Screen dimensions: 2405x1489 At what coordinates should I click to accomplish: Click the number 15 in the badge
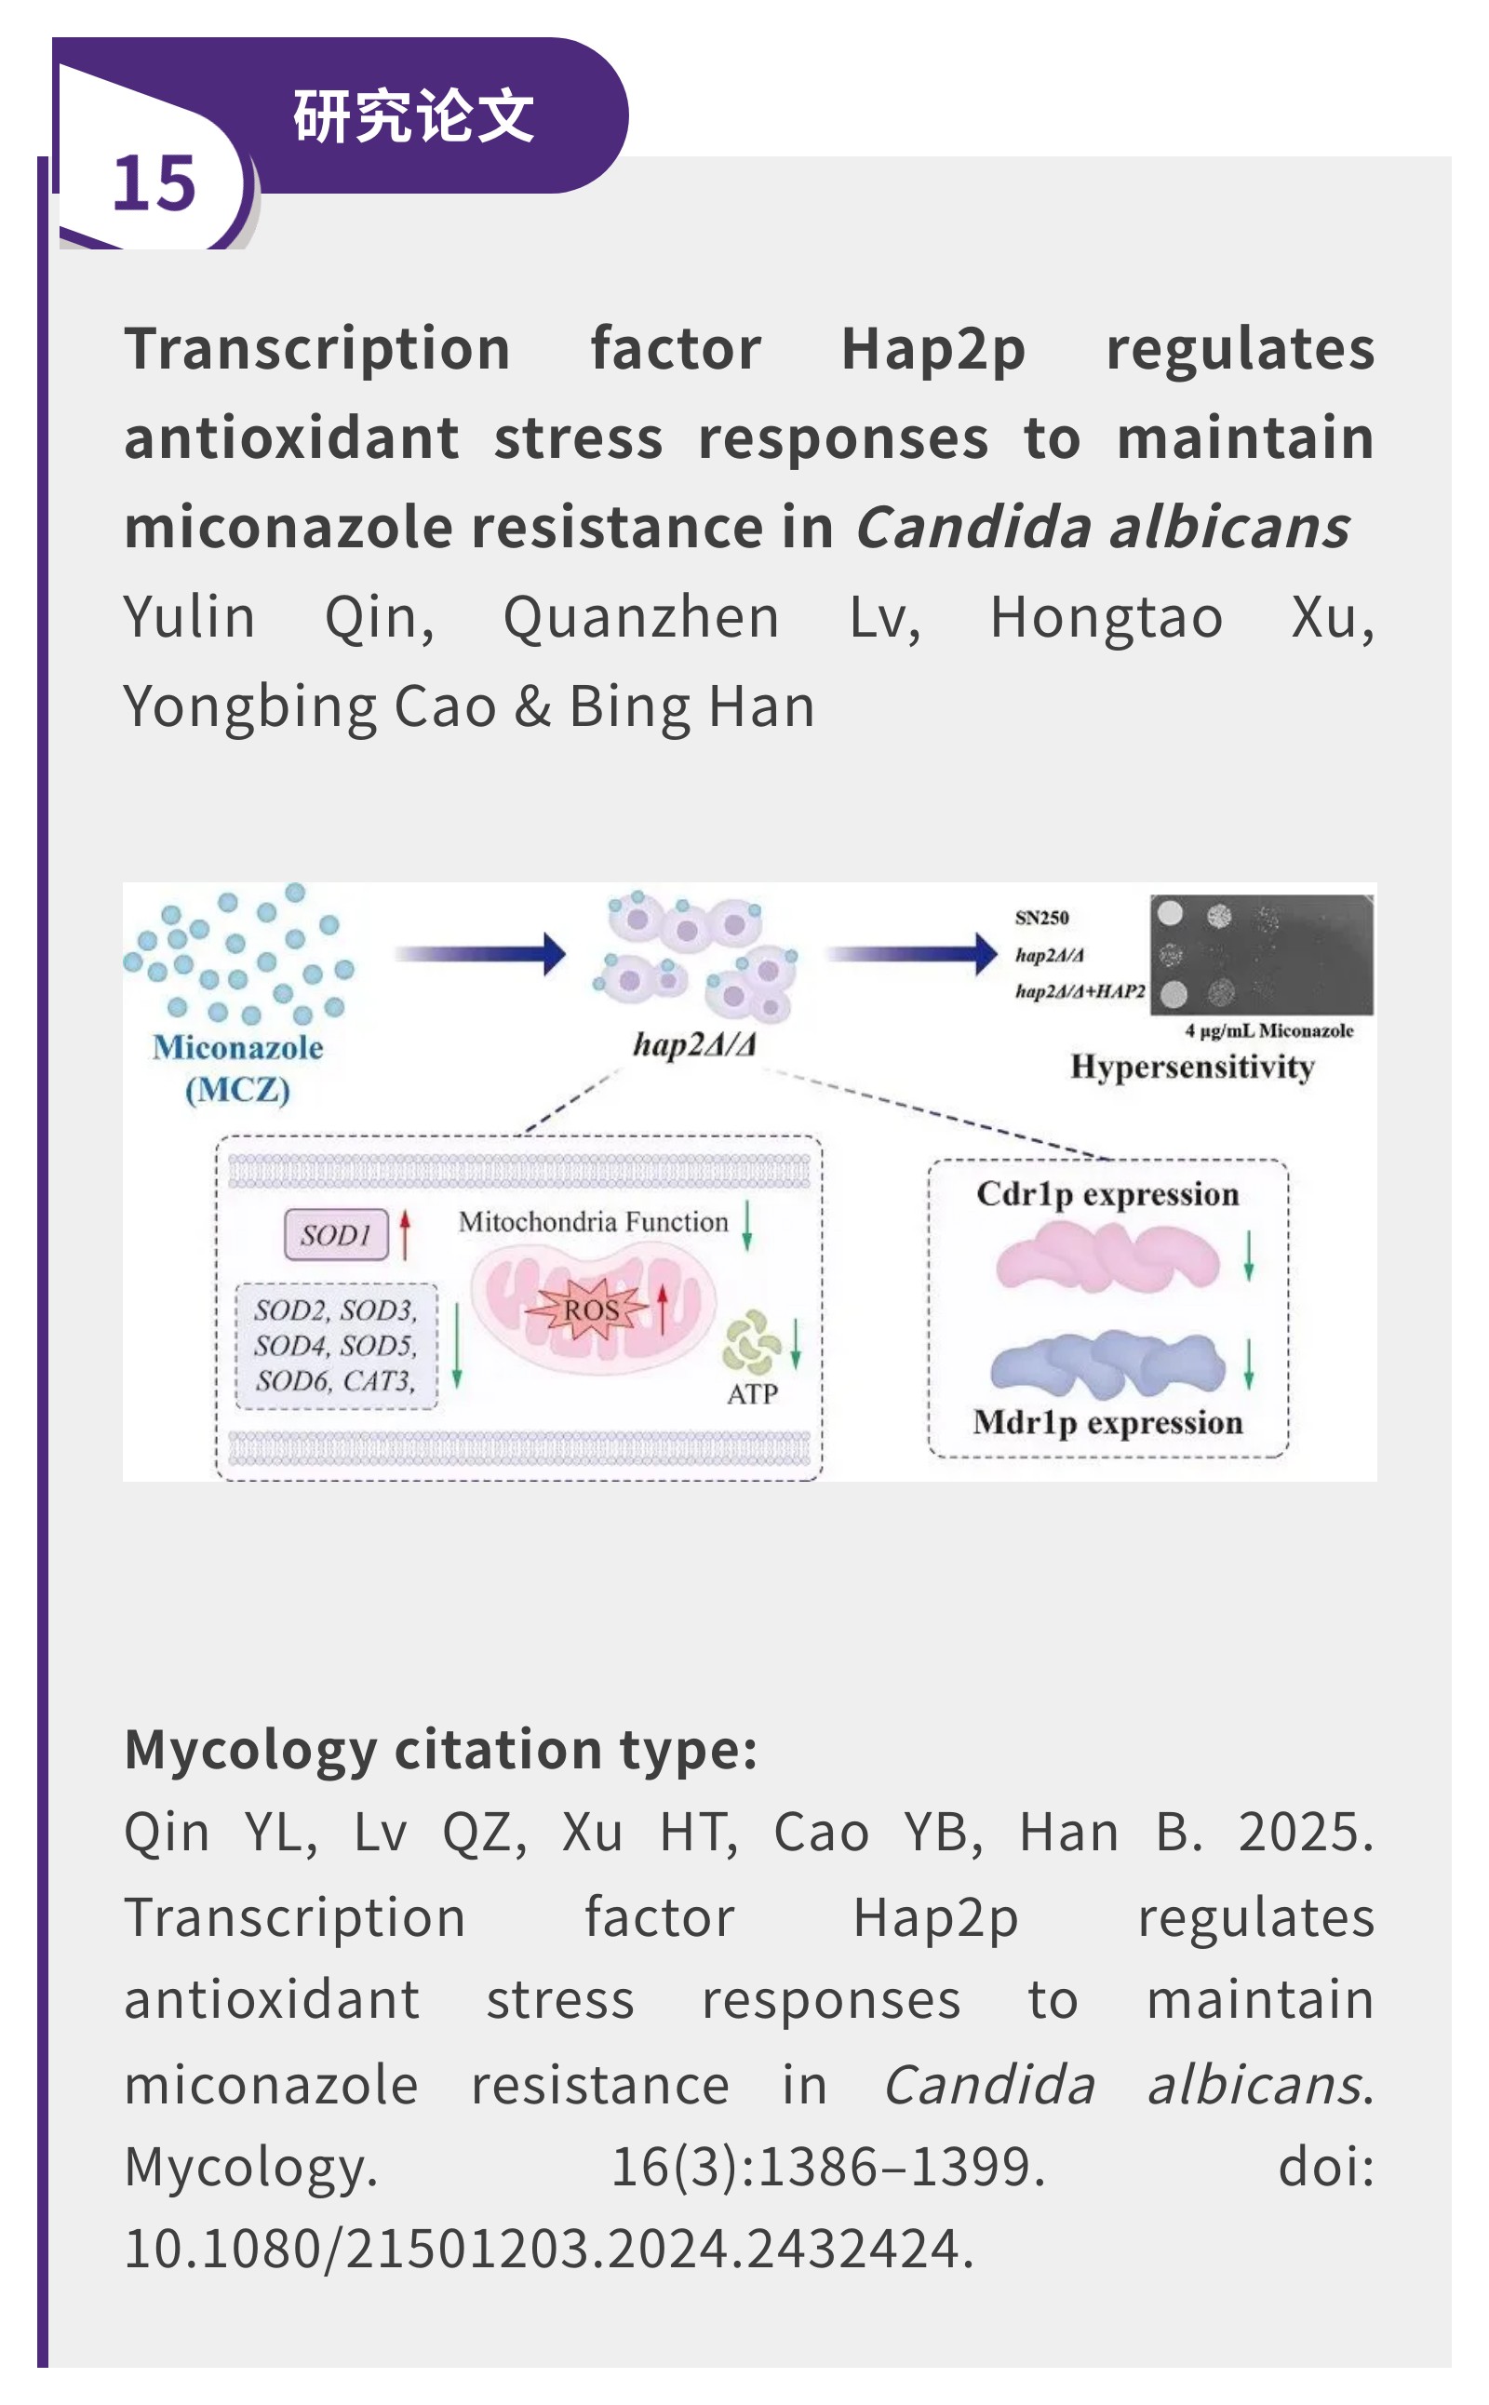(x=154, y=184)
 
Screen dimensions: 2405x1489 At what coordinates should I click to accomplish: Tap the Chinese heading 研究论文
(x=413, y=116)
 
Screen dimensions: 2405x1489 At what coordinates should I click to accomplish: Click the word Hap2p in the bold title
(x=932, y=350)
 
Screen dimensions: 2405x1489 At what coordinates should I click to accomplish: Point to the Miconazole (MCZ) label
(x=237, y=1068)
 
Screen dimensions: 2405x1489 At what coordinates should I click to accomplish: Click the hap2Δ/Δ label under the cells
(x=694, y=1044)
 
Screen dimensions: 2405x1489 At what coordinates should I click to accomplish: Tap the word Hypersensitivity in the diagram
(x=1191, y=1068)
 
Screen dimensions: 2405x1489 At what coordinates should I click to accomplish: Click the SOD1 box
(x=336, y=1235)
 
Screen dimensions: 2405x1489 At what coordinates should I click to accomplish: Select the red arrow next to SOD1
(x=405, y=1234)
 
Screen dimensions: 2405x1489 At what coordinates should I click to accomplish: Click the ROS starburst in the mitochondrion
(x=591, y=1310)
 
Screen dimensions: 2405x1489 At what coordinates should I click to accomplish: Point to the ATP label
(x=752, y=1394)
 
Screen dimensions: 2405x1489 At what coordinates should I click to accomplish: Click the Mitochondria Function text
(x=593, y=1222)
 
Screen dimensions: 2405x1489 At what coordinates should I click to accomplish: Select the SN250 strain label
(x=1042, y=918)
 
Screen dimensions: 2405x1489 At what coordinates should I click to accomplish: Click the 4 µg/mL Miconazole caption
(x=1268, y=1031)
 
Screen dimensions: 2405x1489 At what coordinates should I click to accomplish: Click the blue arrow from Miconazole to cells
(x=480, y=953)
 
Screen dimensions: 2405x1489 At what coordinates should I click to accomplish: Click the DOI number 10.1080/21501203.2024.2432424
(x=548, y=2249)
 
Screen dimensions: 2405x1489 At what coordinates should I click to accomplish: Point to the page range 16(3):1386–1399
(x=827, y=2167)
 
